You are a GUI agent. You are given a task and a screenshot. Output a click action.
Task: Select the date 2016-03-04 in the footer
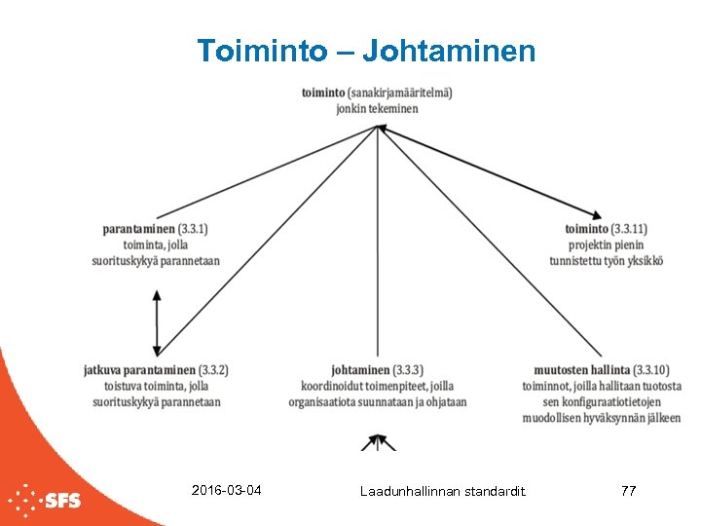227,490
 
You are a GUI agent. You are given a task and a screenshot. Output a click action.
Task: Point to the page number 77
628,491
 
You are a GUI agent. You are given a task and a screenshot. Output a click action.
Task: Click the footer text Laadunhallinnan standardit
442,491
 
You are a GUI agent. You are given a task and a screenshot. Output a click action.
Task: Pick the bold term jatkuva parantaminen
139,370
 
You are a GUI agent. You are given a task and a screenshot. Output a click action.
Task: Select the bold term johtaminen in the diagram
360,370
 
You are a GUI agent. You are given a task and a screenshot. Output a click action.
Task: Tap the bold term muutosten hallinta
581,370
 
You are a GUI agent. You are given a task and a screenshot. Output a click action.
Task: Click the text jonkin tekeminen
377,108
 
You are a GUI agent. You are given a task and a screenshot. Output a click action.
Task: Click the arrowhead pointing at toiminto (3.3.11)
595,214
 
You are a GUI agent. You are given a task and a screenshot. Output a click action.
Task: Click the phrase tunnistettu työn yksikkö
607,261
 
